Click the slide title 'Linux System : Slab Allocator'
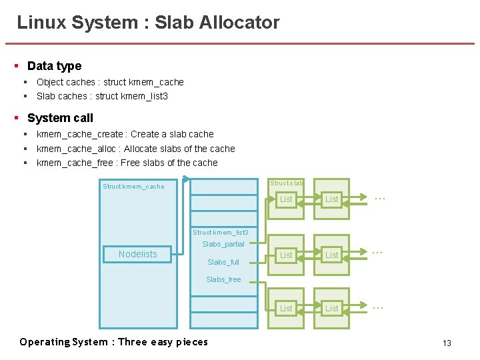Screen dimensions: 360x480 pyautogui.click(x=148, y=23)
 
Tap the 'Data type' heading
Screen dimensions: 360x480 pyautogui.click(x=54, y=66)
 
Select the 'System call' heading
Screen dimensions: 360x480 pyautogui.click(x=60, y=118)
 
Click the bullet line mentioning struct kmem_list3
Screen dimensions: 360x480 pyautogui.click(x=102, y=96)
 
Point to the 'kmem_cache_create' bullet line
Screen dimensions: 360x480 pyautogui.click(x=125, y=134)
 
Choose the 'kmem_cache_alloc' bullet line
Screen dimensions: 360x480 pyautogui.click(x=135, y=149)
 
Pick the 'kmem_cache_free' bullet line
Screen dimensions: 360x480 pyautogui.click(x=127, y=163)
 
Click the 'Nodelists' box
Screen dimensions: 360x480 pyautogui.click(x=137, y=254)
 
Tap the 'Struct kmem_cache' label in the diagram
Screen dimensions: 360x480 pyautogui.click(x=133, y=187)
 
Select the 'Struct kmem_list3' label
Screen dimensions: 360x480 pyautogui.click(x=220, y=232)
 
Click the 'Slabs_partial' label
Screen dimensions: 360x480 pyautogui.click(x=223, y=244)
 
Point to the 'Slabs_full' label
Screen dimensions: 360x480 pyautogui.click(x=223, y=262)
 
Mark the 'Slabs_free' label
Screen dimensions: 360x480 pyautogui.click(x=223, y=279)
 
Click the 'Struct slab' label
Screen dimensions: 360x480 pyautogui.click(x=286, y=183)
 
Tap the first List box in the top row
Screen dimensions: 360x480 pyautogui.click(x=286, y=199)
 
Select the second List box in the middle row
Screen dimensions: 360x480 pyautogui.click(x=331, y=255)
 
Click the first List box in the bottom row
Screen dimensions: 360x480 pyautogui.click(x=286, y=308)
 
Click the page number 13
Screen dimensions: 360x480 pyautogui.click(x=447, y=343)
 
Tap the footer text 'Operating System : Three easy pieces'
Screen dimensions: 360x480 pyautogui.click(x=113, y=342)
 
